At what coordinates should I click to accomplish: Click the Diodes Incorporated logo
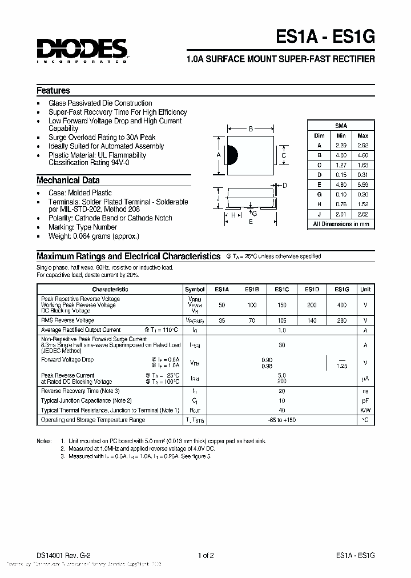point(82,50)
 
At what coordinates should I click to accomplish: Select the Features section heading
point(53,90)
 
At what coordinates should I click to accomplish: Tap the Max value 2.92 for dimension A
point(362,146)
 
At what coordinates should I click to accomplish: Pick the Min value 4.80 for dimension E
point(341,184)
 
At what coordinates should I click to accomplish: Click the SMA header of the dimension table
point(341,126)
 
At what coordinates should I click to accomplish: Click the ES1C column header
point(282,290)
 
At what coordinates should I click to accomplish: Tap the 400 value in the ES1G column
point(341,305)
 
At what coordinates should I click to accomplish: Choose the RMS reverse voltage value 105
point(282,320)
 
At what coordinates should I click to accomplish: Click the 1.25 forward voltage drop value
point(342,365)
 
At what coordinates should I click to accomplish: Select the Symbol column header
point(194,290)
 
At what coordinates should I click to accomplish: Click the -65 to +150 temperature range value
point(282,420)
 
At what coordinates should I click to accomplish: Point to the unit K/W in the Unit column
point(365,410)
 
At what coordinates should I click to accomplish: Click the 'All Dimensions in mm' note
point(341,224)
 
